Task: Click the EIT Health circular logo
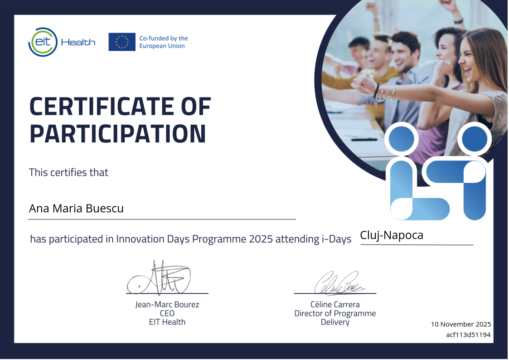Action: pos(43,42)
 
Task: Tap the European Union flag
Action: pos(122,42)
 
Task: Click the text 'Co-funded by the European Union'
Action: pos(164,42)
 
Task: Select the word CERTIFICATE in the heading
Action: pos(101,106)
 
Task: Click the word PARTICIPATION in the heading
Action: pos(118,133)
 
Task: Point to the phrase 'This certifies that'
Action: pos(68,172)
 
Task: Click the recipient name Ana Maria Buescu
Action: pos(76,209)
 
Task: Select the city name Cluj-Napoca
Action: pos(392,235)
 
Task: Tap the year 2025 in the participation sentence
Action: pos(261,239)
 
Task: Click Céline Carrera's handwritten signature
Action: pos(339,283)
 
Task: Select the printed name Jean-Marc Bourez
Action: pos(167,305)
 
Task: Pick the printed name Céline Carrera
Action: pos(335,305)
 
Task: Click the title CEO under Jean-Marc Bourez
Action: pos(167,313)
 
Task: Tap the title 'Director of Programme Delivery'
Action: pos(335,318)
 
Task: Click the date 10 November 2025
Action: pos(461,324)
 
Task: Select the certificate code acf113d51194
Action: pos(468,335)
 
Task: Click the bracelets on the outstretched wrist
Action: pos(384,93)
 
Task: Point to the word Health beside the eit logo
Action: pos(78,43)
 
